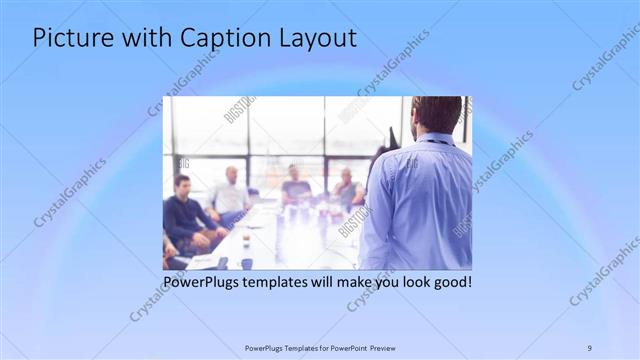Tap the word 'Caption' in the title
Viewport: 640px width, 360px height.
[x=219, y=39]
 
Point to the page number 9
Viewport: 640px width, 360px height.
[x=589, y=348]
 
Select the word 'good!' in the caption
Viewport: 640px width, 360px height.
[x=451, y=282]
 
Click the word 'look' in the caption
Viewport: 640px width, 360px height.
[x=409, y=282]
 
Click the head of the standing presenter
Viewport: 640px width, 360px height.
[x=437, y=114]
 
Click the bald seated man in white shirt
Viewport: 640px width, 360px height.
[x=231, y=193]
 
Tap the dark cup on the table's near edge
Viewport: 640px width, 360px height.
[x=246, y=263]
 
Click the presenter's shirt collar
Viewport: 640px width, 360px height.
[x=436, y=138]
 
